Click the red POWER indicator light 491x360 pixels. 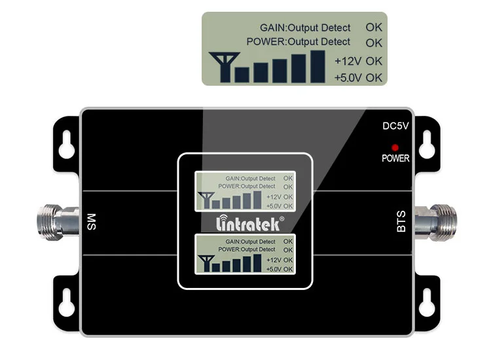pyautogui.click(x=395, y=147)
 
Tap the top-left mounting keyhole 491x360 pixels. pyautogui.click(x=65, y=147)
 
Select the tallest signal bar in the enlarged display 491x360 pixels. pyautogui.click(x=318, y=66)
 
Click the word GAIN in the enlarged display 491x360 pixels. pyautogui.click(x=273, y=28)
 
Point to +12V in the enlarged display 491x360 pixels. pyautogui.click(x=348, y=61)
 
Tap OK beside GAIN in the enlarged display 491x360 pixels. pyautogui.click(x=374, y=27)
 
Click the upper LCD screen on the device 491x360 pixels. pyautogui.click(x=244, y=190)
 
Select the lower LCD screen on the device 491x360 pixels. pyautogui.click(x=244, y=254)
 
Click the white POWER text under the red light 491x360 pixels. pyautogui.click(x=395, y=158)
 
